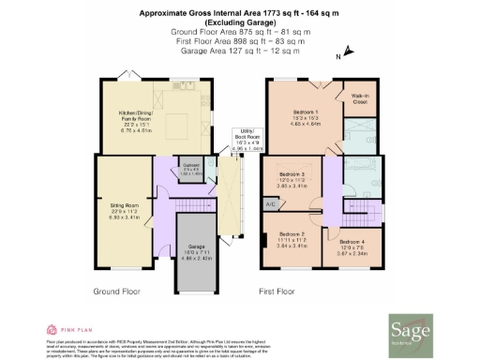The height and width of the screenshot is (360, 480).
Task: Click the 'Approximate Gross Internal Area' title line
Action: pos(240,13)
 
